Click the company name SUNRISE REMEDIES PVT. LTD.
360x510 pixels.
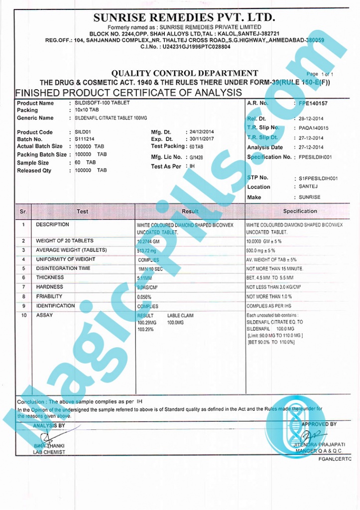click(184, 17)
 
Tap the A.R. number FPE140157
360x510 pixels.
click(313, 103)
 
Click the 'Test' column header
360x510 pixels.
click(83, 211)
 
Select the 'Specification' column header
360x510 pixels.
click(300, 211)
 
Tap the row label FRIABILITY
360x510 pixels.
click(49, 296)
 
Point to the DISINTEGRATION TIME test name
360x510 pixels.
click(63, 268)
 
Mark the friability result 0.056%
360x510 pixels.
click(145, 297)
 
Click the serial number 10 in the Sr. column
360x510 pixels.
click(23, 315)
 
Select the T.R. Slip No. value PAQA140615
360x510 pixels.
click(314, 128)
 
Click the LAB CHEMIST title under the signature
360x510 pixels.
click(49, 452)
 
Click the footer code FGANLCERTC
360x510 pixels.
click(335, 459)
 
